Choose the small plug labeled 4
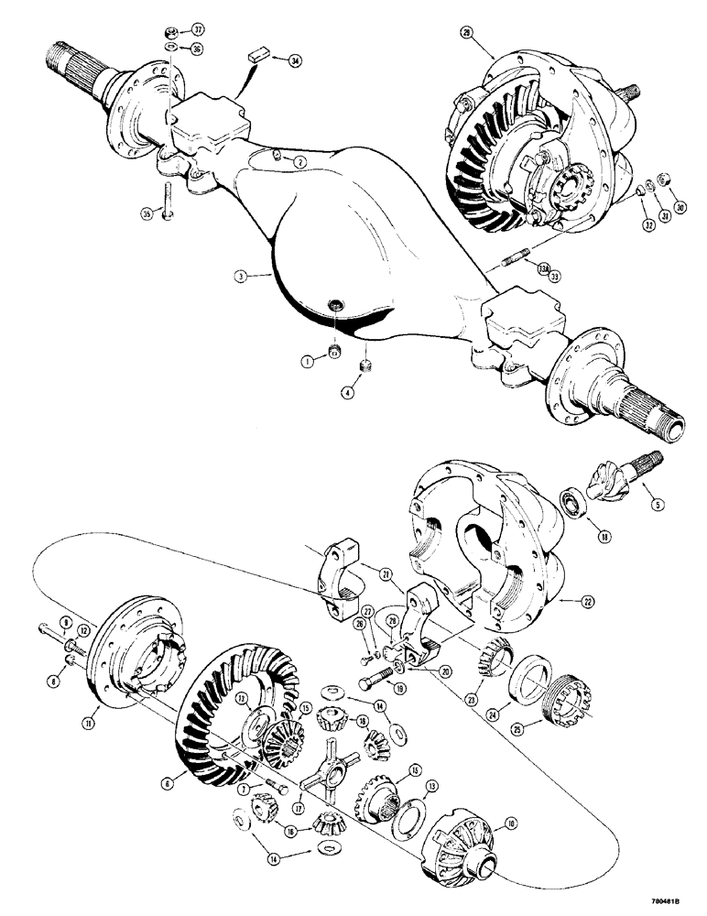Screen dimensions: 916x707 [365, 366]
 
